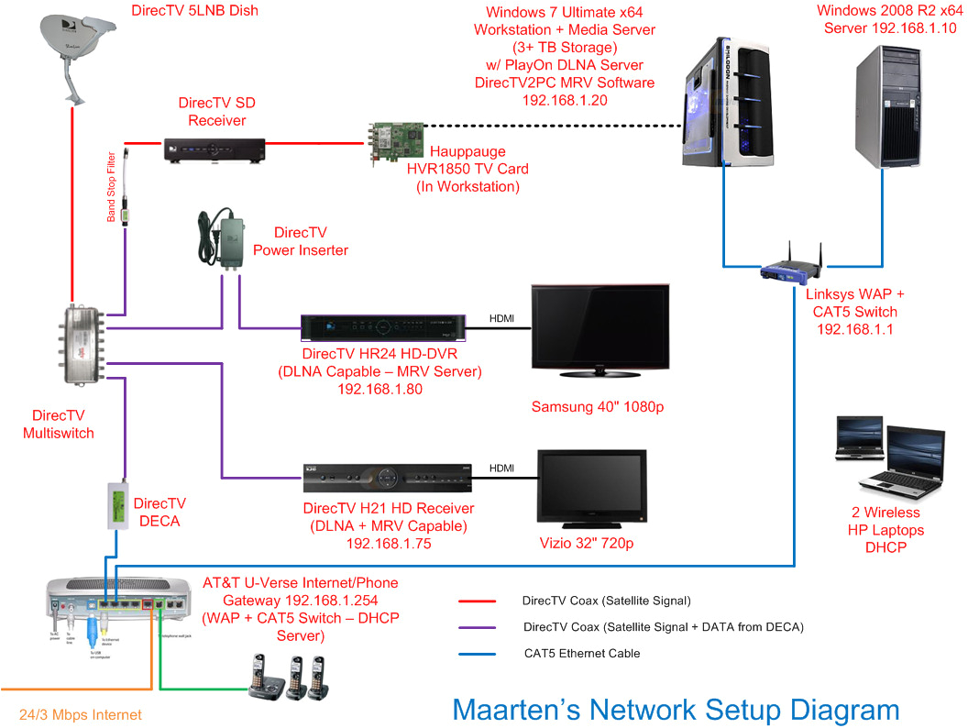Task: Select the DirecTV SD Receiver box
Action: pyautogui.click(x=214, y=149)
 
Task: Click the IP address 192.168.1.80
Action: pyautogui.click(x=391, y=388)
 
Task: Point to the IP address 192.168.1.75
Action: pyautogui.click(x=389, y=544)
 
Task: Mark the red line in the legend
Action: pyautogui.click(x=477, y=601)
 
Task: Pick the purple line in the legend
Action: pyautogui.click(x=477, y=628)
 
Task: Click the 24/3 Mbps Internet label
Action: pyautogui.click(x=81, y=714)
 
